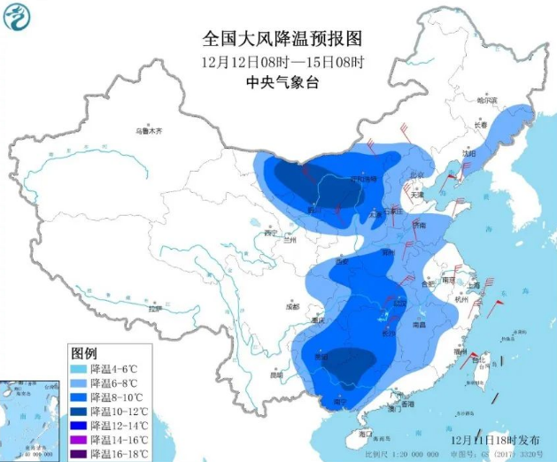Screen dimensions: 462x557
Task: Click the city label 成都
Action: coord(292,307)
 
